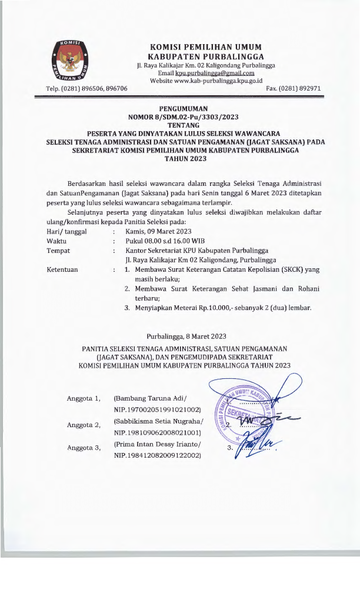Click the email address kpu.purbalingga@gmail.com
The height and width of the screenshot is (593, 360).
pos(218,73)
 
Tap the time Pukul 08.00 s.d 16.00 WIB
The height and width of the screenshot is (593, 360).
pos(166,241)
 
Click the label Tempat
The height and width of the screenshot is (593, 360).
pos(58,251)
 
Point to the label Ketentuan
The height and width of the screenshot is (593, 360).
pos(62,269)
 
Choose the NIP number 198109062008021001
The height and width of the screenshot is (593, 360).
pos(158,432)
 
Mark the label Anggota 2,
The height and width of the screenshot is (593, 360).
pos(84,424)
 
